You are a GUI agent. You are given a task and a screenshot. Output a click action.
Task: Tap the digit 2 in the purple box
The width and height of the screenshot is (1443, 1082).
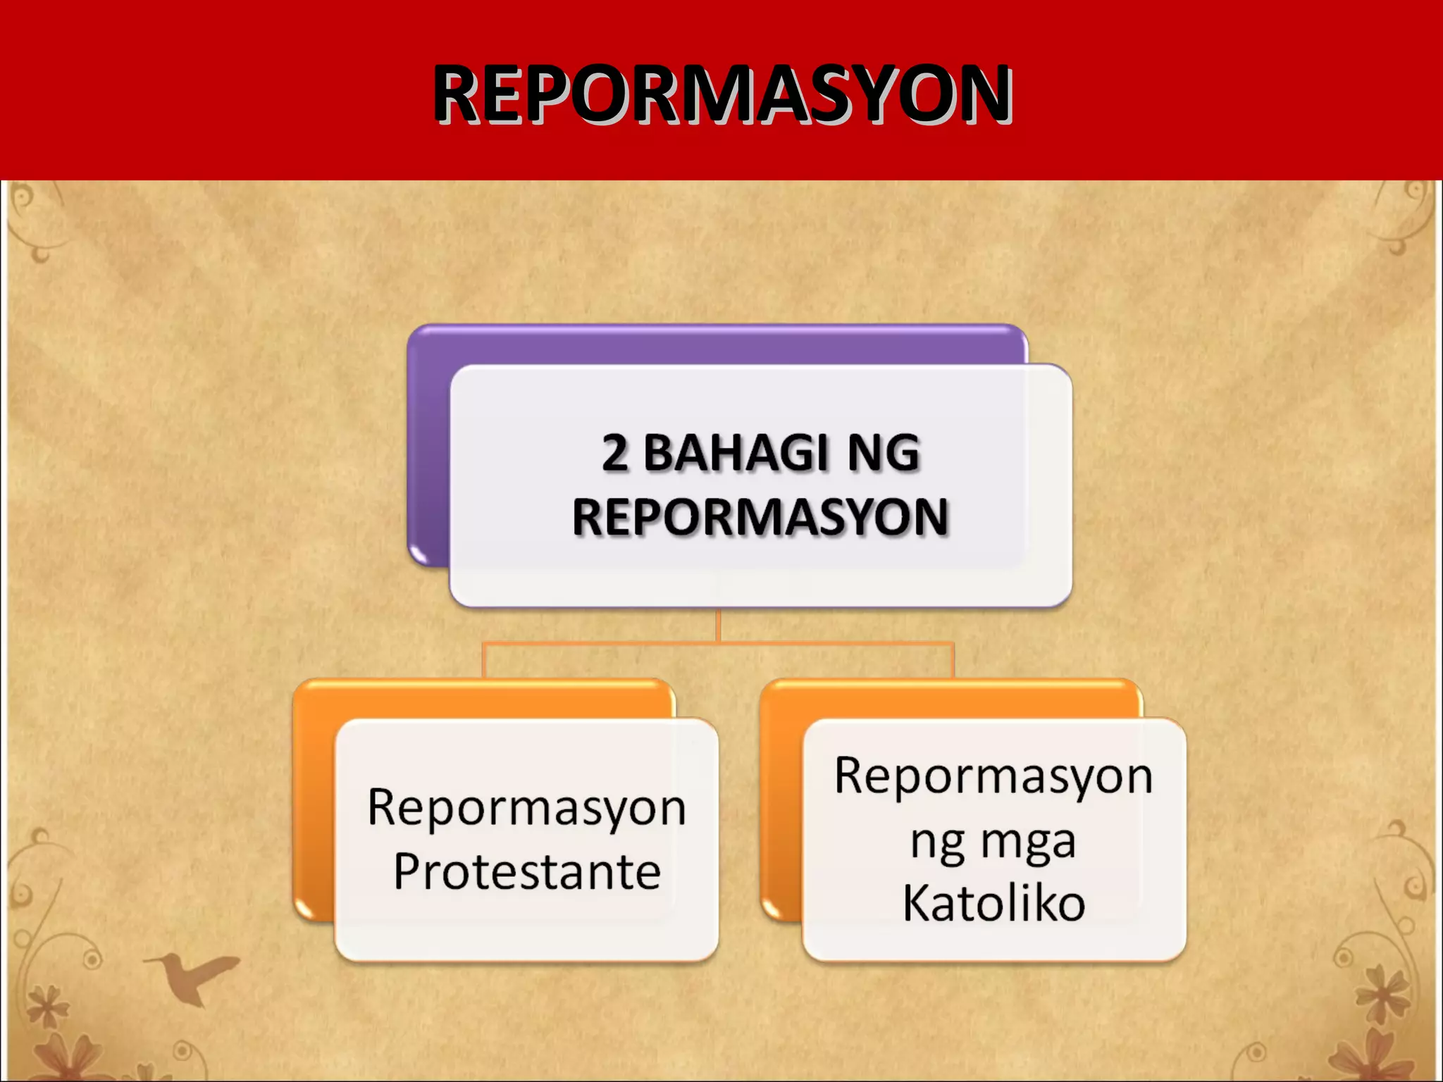coord(614,452)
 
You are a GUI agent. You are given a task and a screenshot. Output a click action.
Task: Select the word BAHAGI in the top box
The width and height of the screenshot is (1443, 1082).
coord(735,452)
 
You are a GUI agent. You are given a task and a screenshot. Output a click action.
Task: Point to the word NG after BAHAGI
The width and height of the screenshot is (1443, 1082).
coord(884,452)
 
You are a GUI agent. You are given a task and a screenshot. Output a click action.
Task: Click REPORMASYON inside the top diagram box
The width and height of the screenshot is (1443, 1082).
coord(760,516)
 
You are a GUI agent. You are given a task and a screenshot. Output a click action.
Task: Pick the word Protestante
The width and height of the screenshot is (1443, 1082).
coord(527,871)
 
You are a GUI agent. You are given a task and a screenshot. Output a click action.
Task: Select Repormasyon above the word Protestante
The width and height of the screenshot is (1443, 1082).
coord(527,808)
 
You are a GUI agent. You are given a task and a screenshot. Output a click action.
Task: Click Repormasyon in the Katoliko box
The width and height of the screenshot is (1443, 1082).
coord(993,776)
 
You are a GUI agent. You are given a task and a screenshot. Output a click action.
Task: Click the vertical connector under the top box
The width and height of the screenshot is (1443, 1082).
coord(718,625)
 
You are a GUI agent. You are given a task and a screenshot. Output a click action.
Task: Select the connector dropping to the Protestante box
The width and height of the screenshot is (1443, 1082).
coord(483,661)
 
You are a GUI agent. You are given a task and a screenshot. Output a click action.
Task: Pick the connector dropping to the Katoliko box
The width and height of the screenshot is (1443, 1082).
coord(953,661)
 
